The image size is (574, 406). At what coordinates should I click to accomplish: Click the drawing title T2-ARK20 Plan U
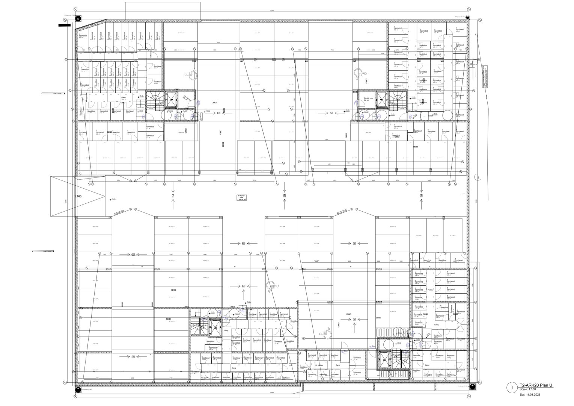[x=536, y=385]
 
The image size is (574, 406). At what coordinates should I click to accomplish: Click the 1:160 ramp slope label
[x=78, y=196]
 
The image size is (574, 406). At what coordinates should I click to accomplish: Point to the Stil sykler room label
[x=319, y=365]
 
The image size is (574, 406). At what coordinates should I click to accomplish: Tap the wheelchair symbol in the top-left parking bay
[x=193, y=75]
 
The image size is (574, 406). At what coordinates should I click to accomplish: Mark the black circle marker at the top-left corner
[x=78, y=18]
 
